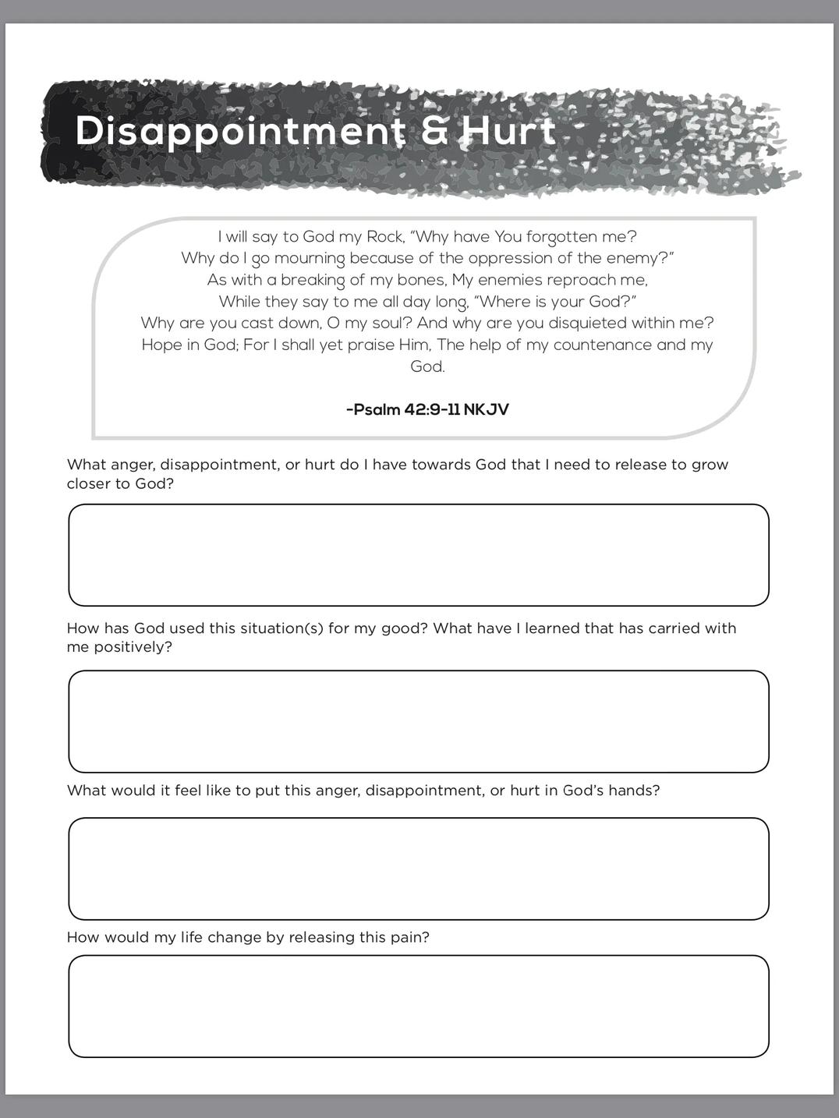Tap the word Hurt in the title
(508, 130)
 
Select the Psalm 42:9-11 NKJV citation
(427, 409)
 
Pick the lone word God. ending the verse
(427, 366)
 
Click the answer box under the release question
(419, 555)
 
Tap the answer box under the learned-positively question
(419, 721)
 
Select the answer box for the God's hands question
(419, 869)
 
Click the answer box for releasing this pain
(419, 1006)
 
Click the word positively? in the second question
(133, 647)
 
